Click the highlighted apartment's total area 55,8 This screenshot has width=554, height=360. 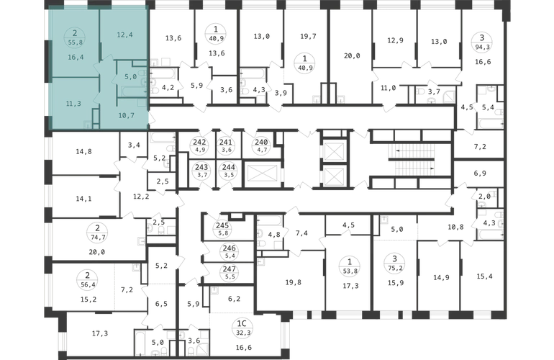click(75, 42)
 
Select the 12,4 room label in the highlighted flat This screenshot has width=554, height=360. click(124, 35)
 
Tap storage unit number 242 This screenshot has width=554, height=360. click(200, 142)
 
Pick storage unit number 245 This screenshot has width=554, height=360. click(222, 225)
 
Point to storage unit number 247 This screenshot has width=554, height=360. click(230, 269)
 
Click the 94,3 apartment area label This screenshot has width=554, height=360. click(481, 45)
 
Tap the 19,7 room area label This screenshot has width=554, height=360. click(308, 36)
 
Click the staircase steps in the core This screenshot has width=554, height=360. click(412, 160)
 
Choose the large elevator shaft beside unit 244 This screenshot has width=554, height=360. click(261, 174)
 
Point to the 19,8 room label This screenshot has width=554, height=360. click(294, 282)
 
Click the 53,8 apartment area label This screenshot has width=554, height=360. click(350, 271)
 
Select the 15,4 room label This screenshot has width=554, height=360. click(484, 276)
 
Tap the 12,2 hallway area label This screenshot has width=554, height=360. click(141, 197)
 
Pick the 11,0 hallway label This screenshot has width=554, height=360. click(389, 88)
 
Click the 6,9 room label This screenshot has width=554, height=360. click(480, 174)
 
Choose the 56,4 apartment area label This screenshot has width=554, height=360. click(87, 284)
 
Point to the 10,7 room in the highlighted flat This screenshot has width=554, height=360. click(126, 115)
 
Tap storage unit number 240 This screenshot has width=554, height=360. click(261, 142)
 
